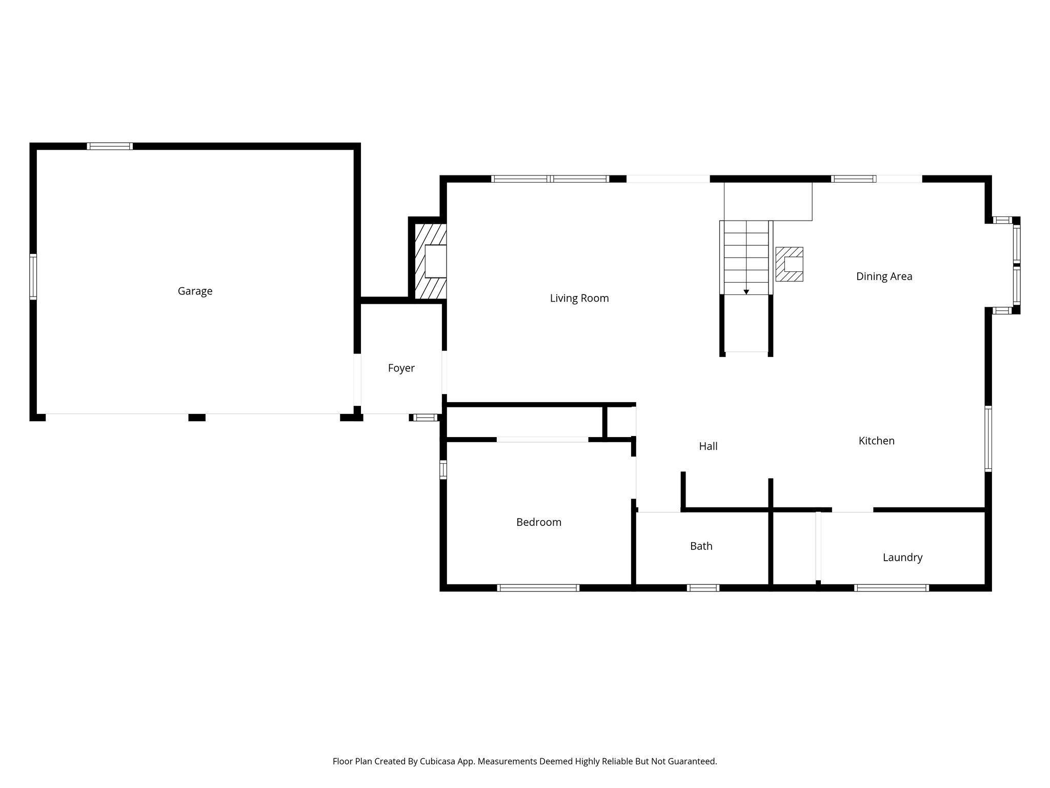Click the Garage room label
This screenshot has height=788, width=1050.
(195, 291)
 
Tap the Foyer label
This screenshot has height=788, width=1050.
(401, 368)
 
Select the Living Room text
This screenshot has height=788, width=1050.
(579, 299)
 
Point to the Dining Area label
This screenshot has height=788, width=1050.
(884, 277)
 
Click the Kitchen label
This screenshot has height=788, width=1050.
(876, 441)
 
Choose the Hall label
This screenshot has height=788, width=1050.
(708, 446)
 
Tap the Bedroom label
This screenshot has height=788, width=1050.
(538, 522)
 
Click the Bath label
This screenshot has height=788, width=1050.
(701, 546)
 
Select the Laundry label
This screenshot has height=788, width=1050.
(902, 558)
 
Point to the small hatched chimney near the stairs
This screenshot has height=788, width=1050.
(789, 264)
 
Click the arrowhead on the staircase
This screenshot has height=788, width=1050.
(746, 292)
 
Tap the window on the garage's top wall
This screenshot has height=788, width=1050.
(110, 146)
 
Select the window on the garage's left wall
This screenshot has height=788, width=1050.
(33, 277)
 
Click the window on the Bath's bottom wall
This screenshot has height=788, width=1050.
(703, 588)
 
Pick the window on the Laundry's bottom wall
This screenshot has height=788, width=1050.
(891, 588)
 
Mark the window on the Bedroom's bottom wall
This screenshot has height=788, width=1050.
(538, 588)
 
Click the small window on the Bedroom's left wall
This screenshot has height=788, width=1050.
(443, 470)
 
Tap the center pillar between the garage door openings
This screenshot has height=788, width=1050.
(197, 418)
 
